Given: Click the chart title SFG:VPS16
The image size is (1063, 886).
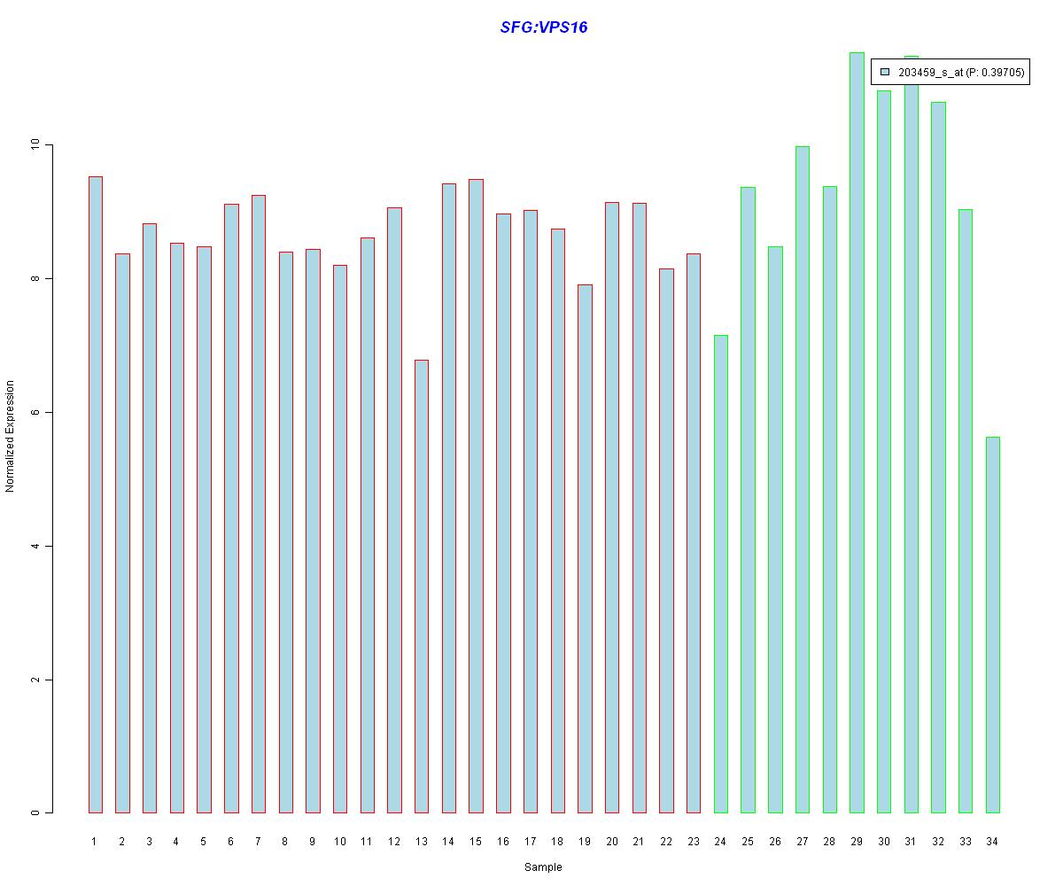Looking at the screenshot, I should click(x=543, y=27).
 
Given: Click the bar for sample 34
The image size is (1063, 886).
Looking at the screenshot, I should click(x=992, y=625).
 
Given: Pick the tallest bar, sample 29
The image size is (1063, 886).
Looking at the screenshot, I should click(x=857, y=434).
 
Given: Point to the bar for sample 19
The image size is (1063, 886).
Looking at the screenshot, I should click(x=585, y=548).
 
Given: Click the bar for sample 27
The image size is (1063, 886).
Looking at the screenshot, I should click(x=802, y=479).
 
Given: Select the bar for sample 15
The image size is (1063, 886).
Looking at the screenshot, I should click(x=476, y=496).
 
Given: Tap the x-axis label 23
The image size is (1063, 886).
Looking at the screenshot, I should click(x=693, y=842).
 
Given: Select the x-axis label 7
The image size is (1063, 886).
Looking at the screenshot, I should click(x=258, y=842).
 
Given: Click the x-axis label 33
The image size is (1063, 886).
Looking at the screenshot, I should click(x=965, y=842).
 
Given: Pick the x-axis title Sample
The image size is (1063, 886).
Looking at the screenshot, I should click(x=543, y=867).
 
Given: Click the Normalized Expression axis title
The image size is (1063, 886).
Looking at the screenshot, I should click(x=11, y=436).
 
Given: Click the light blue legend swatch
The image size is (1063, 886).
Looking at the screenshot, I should click(x=884, y=72).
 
